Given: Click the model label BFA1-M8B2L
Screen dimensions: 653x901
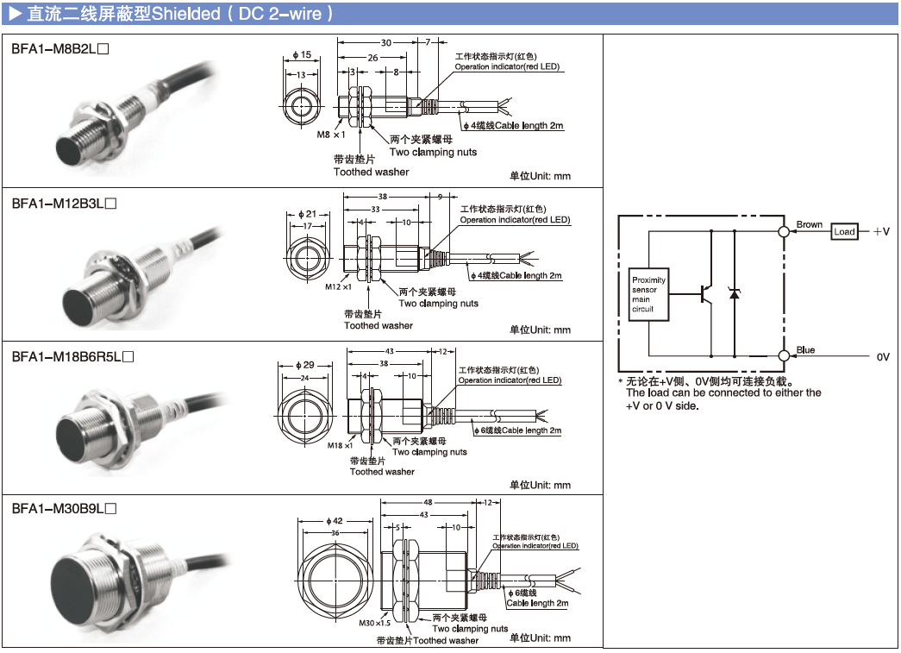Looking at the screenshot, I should pyautogui.click(x=59, y=50).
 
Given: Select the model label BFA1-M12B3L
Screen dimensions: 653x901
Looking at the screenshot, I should pyautogui.click(x=63, y=204).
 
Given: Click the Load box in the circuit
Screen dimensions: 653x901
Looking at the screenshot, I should pyautogui.click(x=844, y=231).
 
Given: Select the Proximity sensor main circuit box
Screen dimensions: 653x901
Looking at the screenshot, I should pyautogui.click(x=649, y=293).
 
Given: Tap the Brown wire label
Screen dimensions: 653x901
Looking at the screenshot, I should pyautogui.click(x=809, y=224).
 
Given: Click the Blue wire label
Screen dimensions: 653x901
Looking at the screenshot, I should pyautogui.click(x=805, y=350).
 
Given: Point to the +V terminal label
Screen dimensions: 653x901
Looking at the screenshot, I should pyautogui.click(x=879, y=232).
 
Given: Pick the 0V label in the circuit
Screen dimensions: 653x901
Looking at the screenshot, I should pyautogui.click(x=882, y=356).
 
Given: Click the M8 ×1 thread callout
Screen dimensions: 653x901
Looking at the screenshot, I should pyautogui.click(x=330, y=135).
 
